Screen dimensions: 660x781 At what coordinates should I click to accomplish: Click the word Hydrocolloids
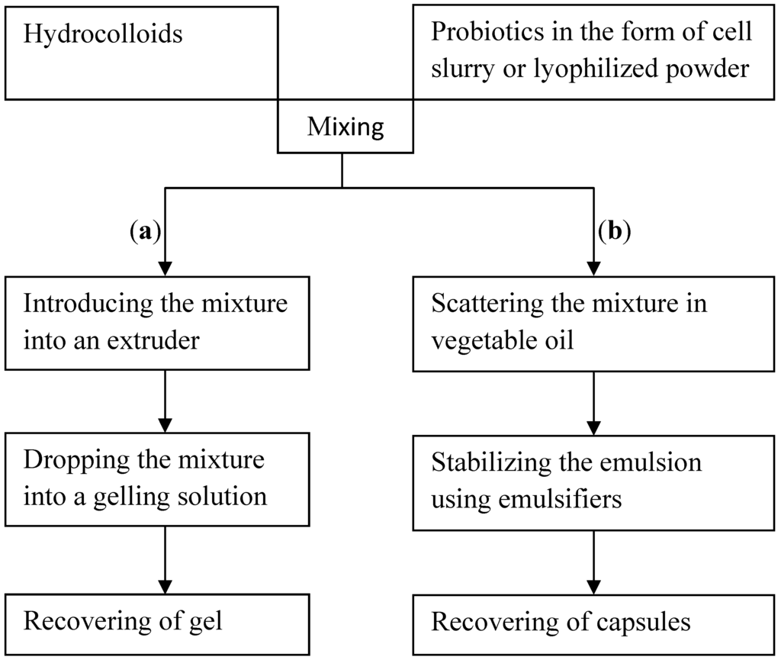103,34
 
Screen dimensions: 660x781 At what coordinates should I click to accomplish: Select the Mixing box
346,127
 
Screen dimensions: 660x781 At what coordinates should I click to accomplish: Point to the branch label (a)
145,231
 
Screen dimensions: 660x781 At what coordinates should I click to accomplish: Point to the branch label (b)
615,231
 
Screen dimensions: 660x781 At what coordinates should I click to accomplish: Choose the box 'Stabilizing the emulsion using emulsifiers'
593,481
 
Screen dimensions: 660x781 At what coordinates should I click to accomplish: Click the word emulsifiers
569,500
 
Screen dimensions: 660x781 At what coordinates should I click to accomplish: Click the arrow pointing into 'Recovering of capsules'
593,561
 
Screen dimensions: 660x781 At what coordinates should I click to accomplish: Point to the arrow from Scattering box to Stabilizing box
593,401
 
